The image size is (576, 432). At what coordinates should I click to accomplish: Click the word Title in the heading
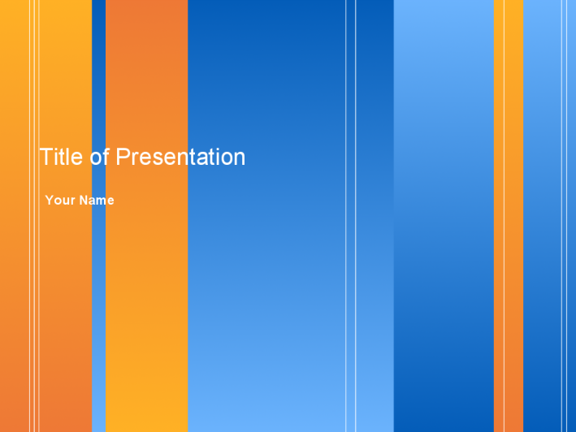coord(61,157)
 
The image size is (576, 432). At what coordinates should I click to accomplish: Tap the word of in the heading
coord(100,157)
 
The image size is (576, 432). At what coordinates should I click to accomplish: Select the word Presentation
coord(180,157)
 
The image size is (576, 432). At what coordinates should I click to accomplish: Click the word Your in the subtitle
coord(60,200)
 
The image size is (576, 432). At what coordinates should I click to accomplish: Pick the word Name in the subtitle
coord(97,200)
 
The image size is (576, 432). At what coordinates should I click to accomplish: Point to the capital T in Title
coord(45,157)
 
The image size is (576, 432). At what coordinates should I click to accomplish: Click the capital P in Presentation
coord(123,157)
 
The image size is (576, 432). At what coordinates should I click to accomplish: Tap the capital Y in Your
coord(50,200)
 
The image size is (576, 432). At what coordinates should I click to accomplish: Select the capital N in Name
coord(84,200)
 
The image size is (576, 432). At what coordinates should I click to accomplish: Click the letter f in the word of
coord(106,157)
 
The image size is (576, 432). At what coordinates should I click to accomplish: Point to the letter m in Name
coord(102,201)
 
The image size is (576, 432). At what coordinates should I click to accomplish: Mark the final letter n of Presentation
coord(240,159)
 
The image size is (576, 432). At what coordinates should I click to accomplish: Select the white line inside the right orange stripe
coord(504,216)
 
